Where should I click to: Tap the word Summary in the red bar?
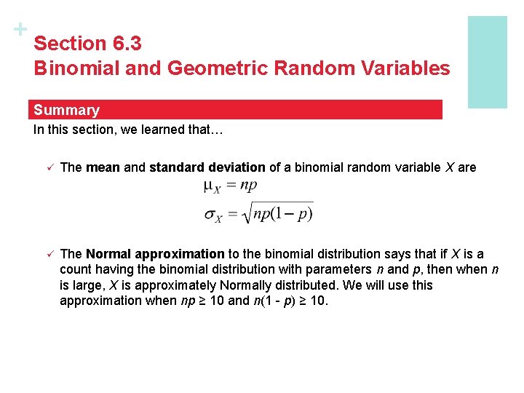66,110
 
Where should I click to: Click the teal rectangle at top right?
487,62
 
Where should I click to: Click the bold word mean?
103,167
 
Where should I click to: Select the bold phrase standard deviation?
207,167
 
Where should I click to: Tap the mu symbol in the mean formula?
208,186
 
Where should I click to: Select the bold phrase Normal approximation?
155,254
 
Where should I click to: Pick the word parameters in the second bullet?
338,269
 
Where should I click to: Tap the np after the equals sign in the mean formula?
249,185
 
